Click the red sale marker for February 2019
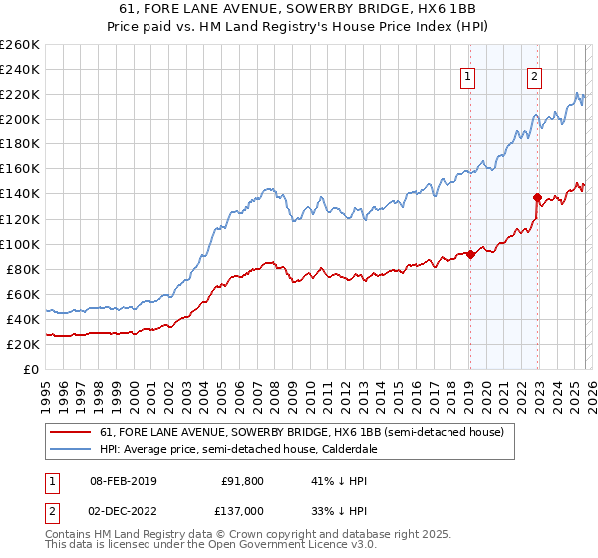click(469, 254)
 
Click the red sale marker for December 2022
click(537, 197)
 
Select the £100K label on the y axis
click(19, 244)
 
